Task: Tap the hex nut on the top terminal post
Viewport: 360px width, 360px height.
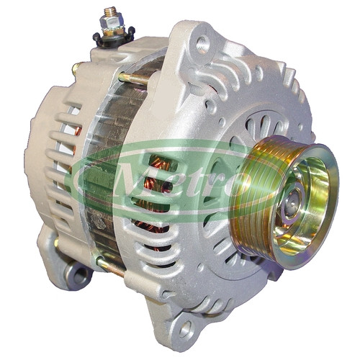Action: point(112,22)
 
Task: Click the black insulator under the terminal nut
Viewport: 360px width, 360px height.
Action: point(114,37)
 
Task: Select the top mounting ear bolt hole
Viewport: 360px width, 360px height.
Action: point(203,45)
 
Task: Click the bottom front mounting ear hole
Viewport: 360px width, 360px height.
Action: point(186,329)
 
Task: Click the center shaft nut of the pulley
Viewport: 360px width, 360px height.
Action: point(292,202)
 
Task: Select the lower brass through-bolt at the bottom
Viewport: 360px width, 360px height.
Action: point(111,266)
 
